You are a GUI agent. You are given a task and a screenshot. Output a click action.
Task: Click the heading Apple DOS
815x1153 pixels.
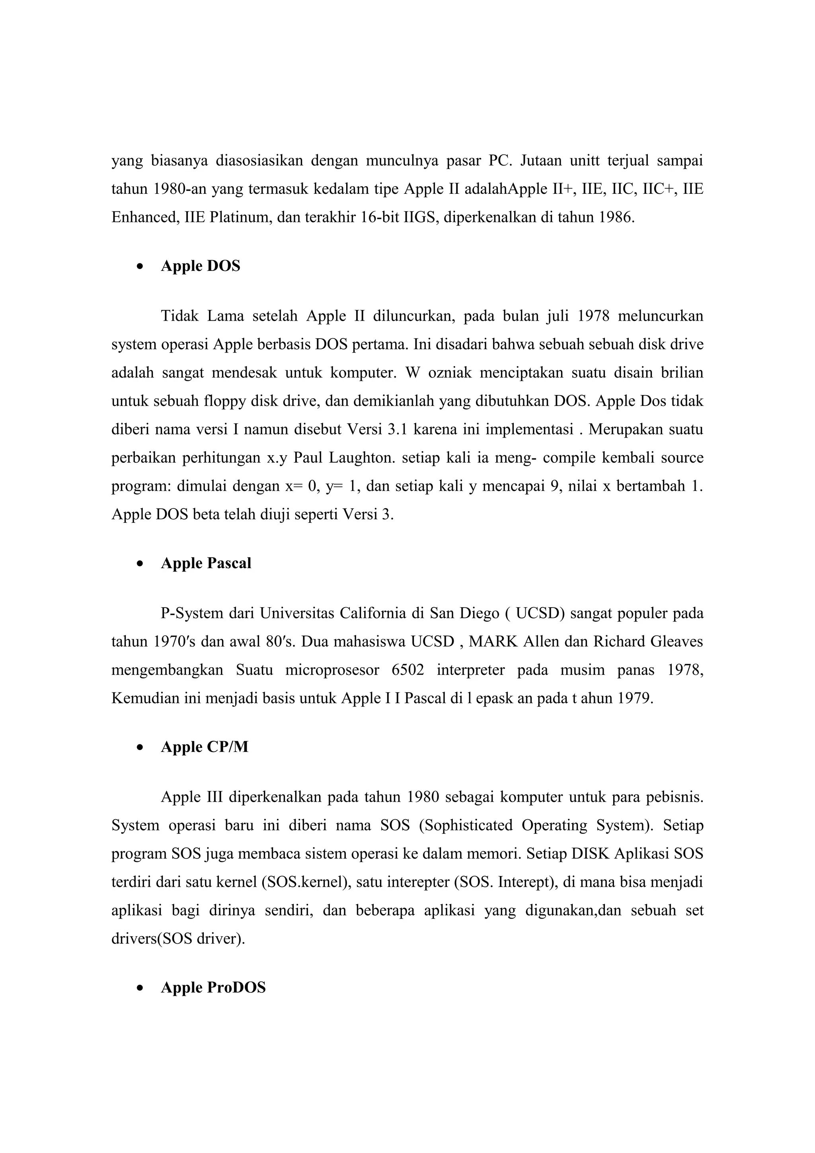click(200, 266)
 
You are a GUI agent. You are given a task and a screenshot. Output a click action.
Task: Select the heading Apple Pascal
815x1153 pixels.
click(206, 563)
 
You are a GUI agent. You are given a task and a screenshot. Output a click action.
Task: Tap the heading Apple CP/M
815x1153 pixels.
click(205, 747)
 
